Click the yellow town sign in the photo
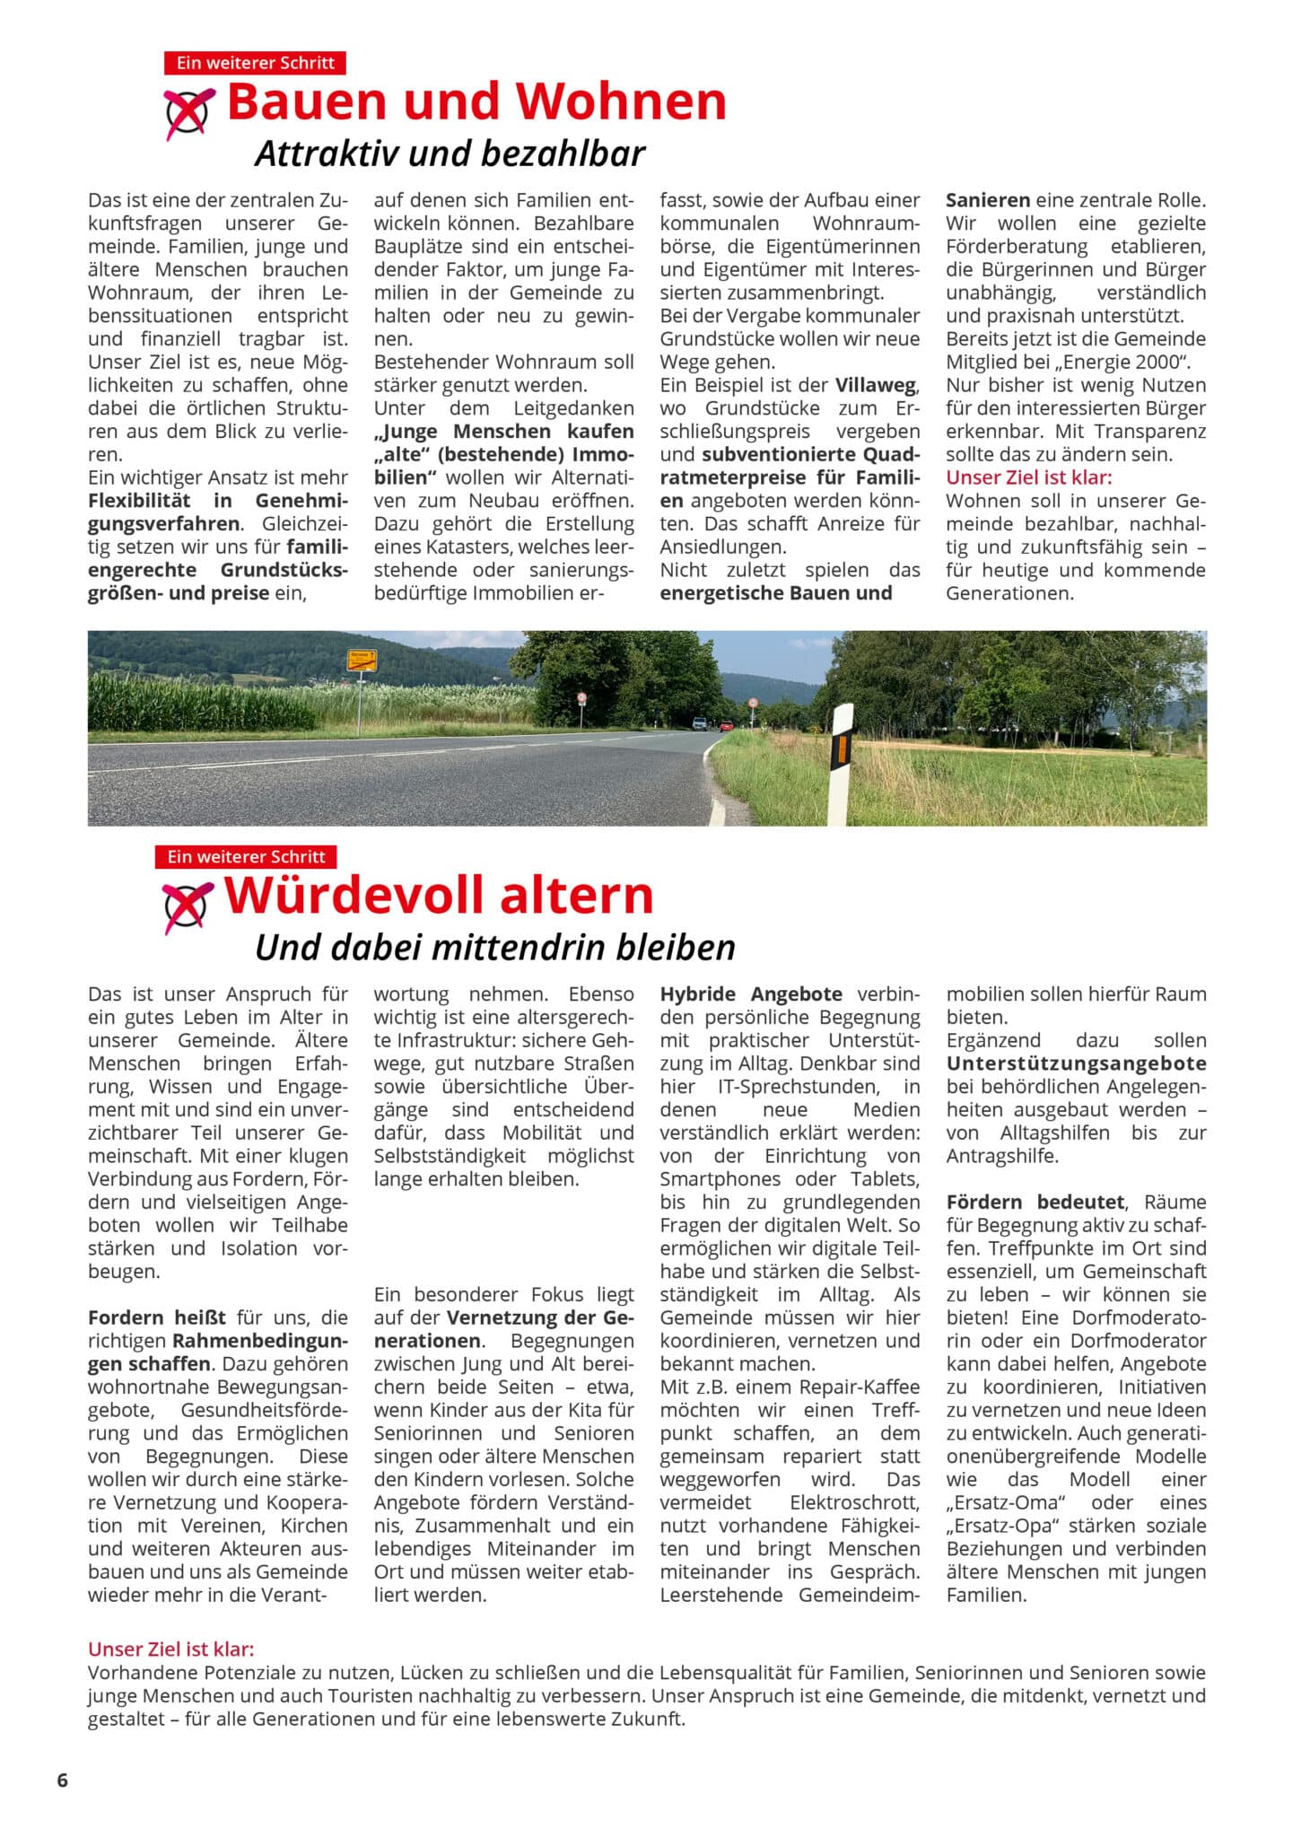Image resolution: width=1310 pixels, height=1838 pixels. coord(362,661)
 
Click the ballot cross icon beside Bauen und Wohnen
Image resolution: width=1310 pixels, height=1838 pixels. coord(188,113)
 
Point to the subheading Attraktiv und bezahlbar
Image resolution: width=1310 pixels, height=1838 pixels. coord(450,153)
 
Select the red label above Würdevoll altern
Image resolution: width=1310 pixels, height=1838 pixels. coord(246,856)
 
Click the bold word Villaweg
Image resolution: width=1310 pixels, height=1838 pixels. coord(876,385)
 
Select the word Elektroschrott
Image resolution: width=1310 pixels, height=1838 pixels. coord(854,1502)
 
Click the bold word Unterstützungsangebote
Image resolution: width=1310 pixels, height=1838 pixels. coord(1076,1063)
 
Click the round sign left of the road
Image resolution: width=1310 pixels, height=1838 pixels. coord(582,697)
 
